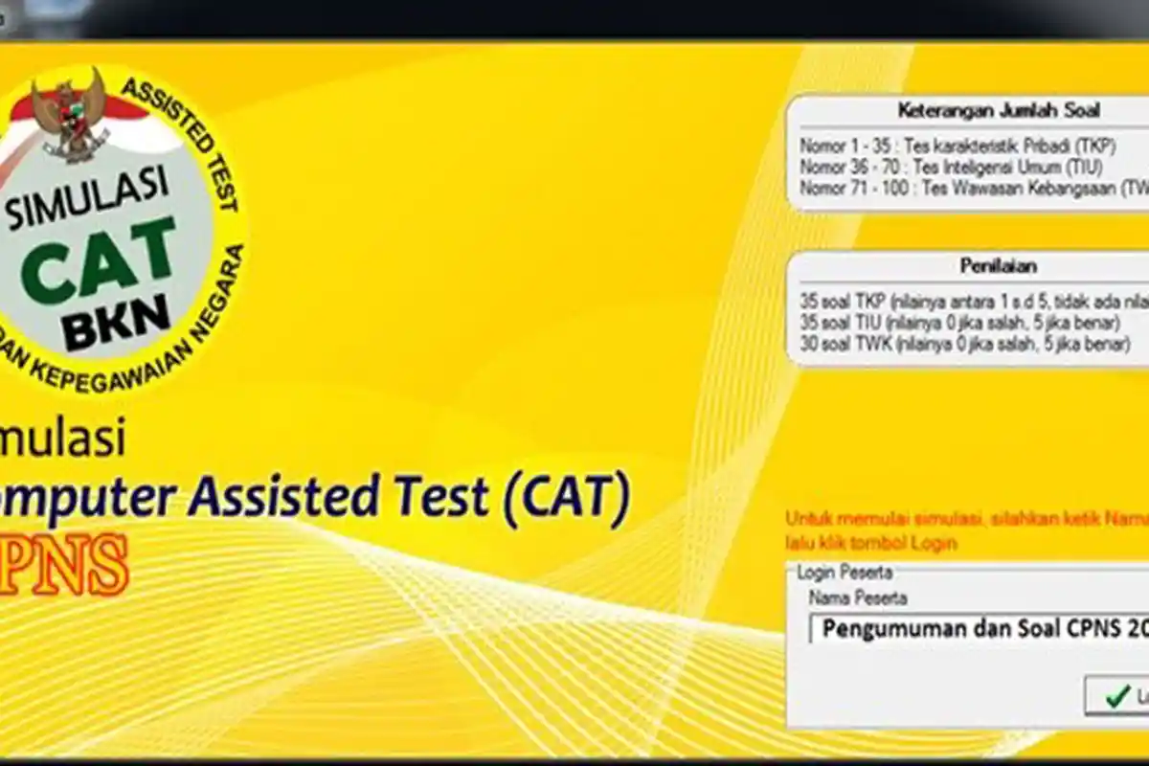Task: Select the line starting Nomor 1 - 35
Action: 957,146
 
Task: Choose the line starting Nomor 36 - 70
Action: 957,168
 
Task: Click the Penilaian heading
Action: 999,266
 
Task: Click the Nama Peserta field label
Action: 858,597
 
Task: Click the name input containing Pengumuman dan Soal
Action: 977,628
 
